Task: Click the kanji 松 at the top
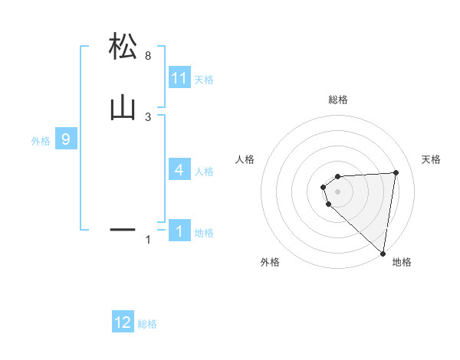(123, 47)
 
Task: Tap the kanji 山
(123, 107)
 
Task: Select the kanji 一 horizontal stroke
(123, 228)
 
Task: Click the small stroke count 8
(148, 56)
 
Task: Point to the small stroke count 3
(148, 116)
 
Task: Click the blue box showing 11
(179, 78)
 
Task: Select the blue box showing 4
(179, 170)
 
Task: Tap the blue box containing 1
(179, 231)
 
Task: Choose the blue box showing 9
(66, 139)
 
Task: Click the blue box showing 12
(123, 322)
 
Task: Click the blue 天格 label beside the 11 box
(204, 80)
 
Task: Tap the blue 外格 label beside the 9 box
(41, 141)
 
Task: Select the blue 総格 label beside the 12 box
(147, 324)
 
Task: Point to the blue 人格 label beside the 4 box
(204, 172)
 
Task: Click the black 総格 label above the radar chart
(338, 100)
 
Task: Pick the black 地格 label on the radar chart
(402, 262)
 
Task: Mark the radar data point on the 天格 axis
(396, 172)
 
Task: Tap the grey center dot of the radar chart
(338, 191)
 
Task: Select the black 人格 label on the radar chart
(245, 159)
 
